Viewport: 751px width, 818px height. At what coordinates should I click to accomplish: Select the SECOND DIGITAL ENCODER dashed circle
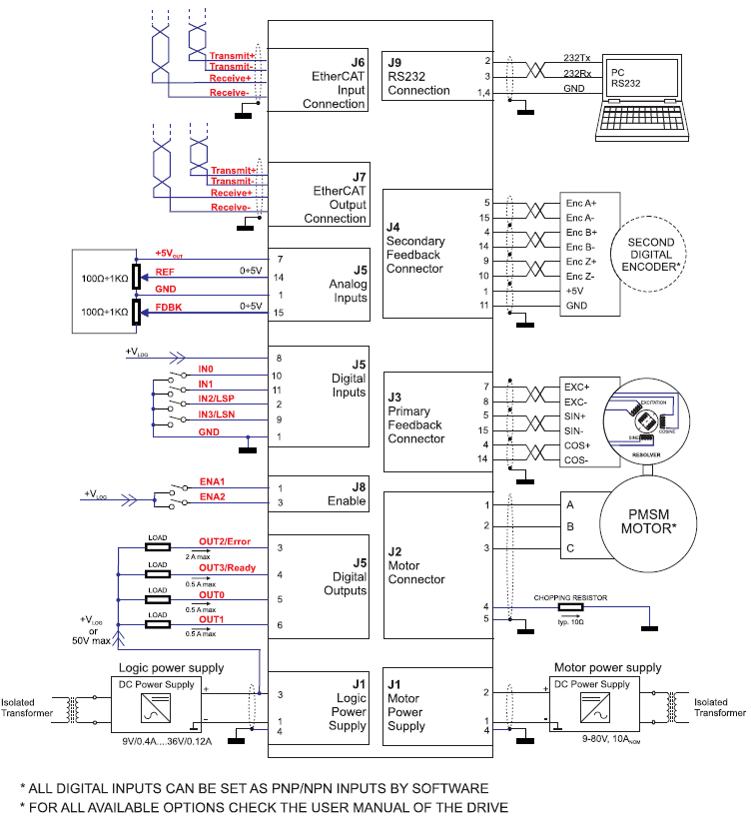[650, 256]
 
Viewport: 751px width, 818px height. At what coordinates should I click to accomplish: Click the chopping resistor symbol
[570, 608]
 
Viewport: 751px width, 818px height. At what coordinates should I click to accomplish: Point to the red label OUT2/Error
[225, 541]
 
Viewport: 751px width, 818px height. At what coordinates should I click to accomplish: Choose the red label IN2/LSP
[216, 399]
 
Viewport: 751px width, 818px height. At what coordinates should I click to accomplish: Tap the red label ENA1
[213, 480]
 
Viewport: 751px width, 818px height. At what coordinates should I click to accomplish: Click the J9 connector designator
[396, 60]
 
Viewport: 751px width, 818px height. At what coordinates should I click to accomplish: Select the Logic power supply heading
[172, 667]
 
